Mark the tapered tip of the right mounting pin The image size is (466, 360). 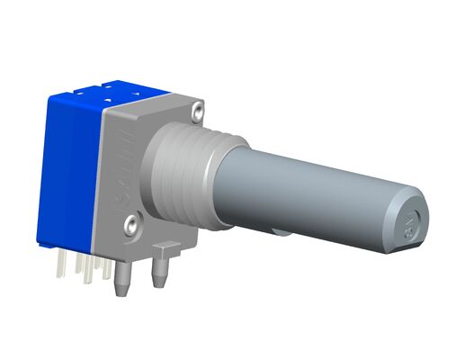(x=160, y=284)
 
